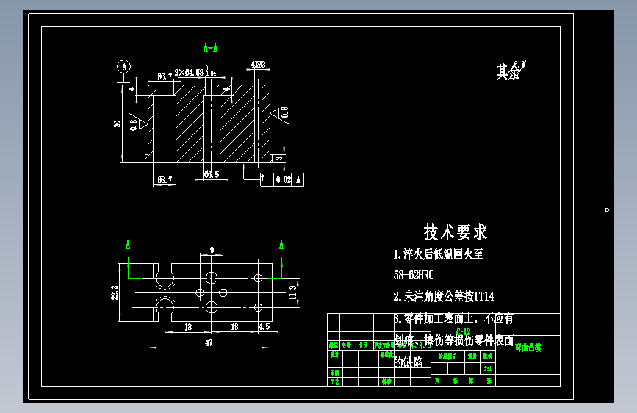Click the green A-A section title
point(210,49)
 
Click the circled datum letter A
point(125,66)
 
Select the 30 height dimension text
point(117,123)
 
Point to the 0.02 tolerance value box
point(284,179)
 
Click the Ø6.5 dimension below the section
point(212,175)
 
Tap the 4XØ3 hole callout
point(258,65)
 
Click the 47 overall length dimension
point(209,342)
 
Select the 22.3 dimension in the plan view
point(115,293)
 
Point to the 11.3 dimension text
point(292,291)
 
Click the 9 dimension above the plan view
point(212,251)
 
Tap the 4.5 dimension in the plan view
point(264,326)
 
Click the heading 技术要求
point(455,232)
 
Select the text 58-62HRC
point(414,276)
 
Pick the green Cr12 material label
point(463,332)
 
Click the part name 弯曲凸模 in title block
point(528,348)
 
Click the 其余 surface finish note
point(508,72)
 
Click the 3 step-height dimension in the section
point(279,157)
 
